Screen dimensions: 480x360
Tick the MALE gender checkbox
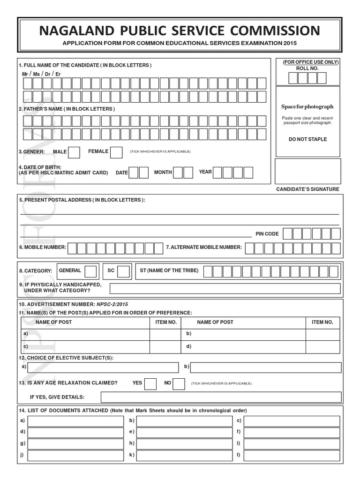pyautogui.click(x=74, y=152)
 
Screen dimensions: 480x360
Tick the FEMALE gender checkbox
pyautogui.click(x=117, y=152)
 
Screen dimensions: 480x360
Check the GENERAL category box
pyautogui.click(x=91, y=271)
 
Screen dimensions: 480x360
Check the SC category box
pyautogui.click(x=124, y=271)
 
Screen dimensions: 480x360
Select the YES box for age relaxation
pyautogui.click(x=150, y=383)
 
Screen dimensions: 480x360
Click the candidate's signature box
pyautogui.click(x=307, y=171)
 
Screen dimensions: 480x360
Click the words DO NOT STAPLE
pyautogui.click(x=307, y=139)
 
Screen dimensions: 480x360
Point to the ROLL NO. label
pyautogui.click(x=307, y=68)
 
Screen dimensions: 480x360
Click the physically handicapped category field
pyautogui.click(x=225, y=288)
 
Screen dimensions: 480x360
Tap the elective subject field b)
pyautogui.click(x=265, y=367)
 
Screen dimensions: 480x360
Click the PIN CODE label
pyautogui.click(x=267, y=234)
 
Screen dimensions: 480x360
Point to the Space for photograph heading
pyautogui.click(x=307, y=107)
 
